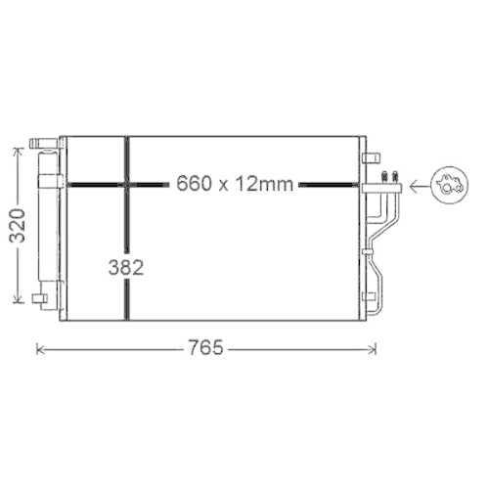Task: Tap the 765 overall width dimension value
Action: point(206,347)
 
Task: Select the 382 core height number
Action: point(126,267)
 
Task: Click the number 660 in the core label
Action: point(193,183)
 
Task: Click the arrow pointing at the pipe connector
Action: point(418,183)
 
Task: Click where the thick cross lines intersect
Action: point(126,183)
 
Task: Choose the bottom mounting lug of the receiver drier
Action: point(40,297)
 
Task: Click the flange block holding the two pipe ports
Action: point(384,182)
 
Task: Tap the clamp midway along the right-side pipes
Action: point(369,251)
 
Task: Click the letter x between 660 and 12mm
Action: point(223,184)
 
